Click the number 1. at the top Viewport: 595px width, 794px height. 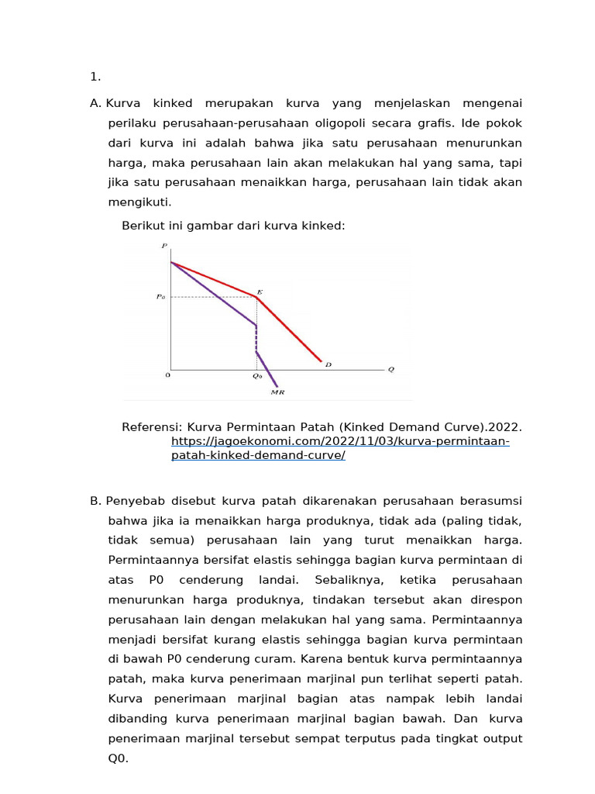[x=95, y=76]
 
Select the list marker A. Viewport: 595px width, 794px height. [x=95, y=103]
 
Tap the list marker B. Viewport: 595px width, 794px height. [x=95, y=501]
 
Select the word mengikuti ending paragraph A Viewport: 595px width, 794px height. [x=139, y=202]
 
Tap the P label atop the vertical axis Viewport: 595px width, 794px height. [x=164, y=246]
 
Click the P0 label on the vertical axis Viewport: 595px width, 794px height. [x=161, y=296]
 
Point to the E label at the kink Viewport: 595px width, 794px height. [x=260, y=292]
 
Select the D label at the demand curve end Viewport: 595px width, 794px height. [x=328, y=364]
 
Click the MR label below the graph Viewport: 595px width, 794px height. [x=277, y=393]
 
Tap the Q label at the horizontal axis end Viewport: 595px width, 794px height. [x=390, y=369]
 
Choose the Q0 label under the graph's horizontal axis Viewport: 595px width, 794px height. [x=257, y=376]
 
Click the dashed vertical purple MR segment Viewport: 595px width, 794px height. [x=256, y=338]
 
